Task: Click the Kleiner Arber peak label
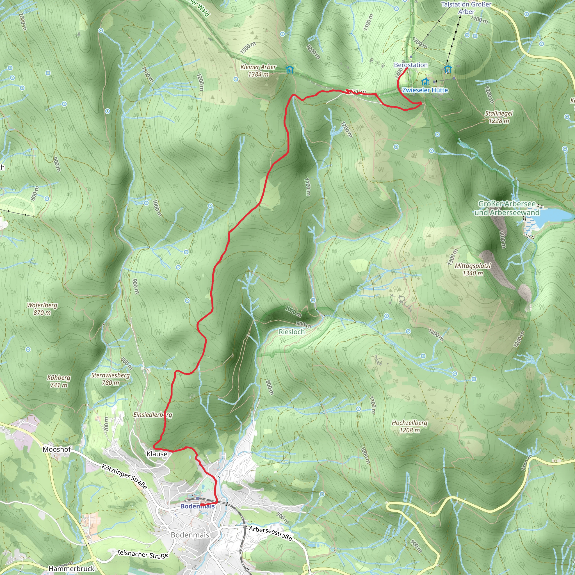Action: tap(258, 70)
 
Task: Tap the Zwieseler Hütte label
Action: tap(425, 90)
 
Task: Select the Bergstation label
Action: tap(411, 65)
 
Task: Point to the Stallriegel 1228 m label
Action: tap(499, 117)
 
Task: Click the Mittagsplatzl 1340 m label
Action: tap(473, 269)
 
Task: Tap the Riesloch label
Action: tap(292, 332)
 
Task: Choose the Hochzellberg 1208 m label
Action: tap(410, 426)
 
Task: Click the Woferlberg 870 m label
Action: tap(42, 309)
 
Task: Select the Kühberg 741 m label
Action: tap(59, 381)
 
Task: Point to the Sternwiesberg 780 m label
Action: tap(110, 379)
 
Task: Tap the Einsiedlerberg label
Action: tap(153, 415)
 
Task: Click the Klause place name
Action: tap(157, 454)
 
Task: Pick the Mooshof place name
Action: tap(56, 449)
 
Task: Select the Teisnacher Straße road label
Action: tap(143, 554)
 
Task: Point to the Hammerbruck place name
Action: tap(71, 569)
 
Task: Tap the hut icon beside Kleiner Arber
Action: tap(289, 70)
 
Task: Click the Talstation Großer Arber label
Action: tap(466, 8)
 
